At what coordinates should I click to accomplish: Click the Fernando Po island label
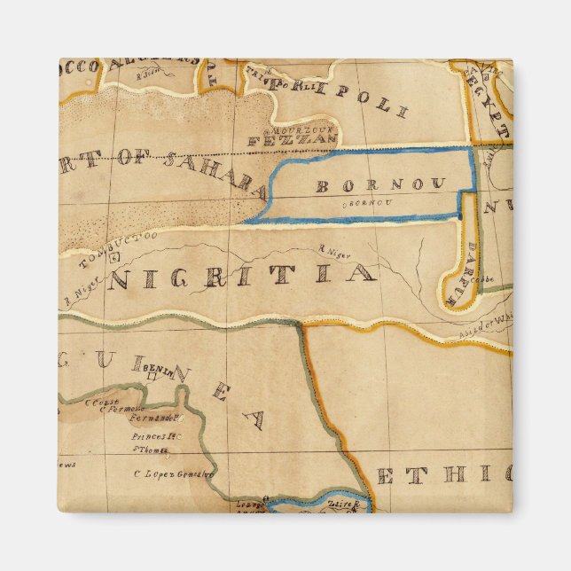pyautogui.click(x=155, y=417)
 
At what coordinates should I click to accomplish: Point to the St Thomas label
pyautogui.click(x=153, y=450)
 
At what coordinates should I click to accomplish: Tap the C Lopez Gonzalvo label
pyautogui.click(x=174, y=473)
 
